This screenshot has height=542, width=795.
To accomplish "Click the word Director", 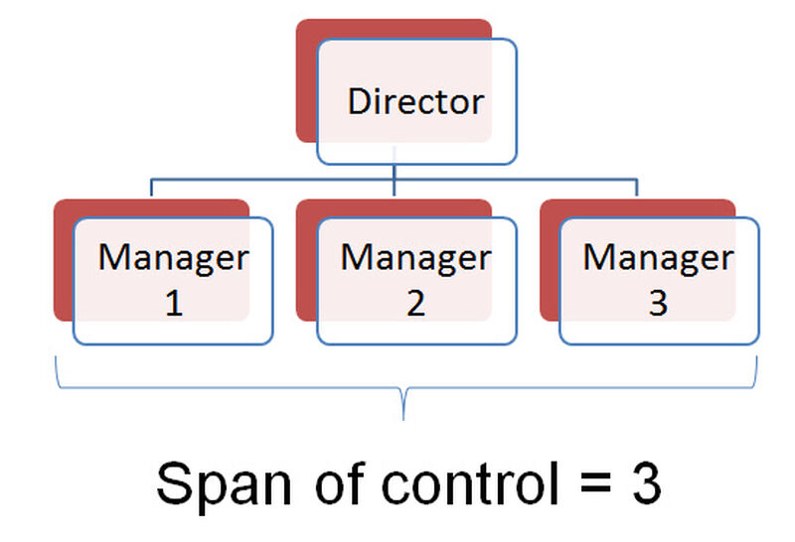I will (415, 101).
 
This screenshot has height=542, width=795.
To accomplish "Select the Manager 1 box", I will (173, 281).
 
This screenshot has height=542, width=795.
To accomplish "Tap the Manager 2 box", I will (415, 281).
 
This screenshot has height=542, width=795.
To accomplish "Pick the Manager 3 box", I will (658, 281).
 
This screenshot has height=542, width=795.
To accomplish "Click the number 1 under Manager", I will (173, 304).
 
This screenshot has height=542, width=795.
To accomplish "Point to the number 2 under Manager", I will (415, 304).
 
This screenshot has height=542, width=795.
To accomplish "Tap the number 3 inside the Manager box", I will (658, 304).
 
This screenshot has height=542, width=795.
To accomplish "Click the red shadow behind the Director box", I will (306, 79).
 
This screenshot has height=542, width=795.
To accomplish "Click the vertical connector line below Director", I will (395, 175).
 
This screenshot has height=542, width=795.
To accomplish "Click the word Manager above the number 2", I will (415, 258).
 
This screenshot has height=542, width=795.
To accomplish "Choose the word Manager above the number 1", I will (173, 258).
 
